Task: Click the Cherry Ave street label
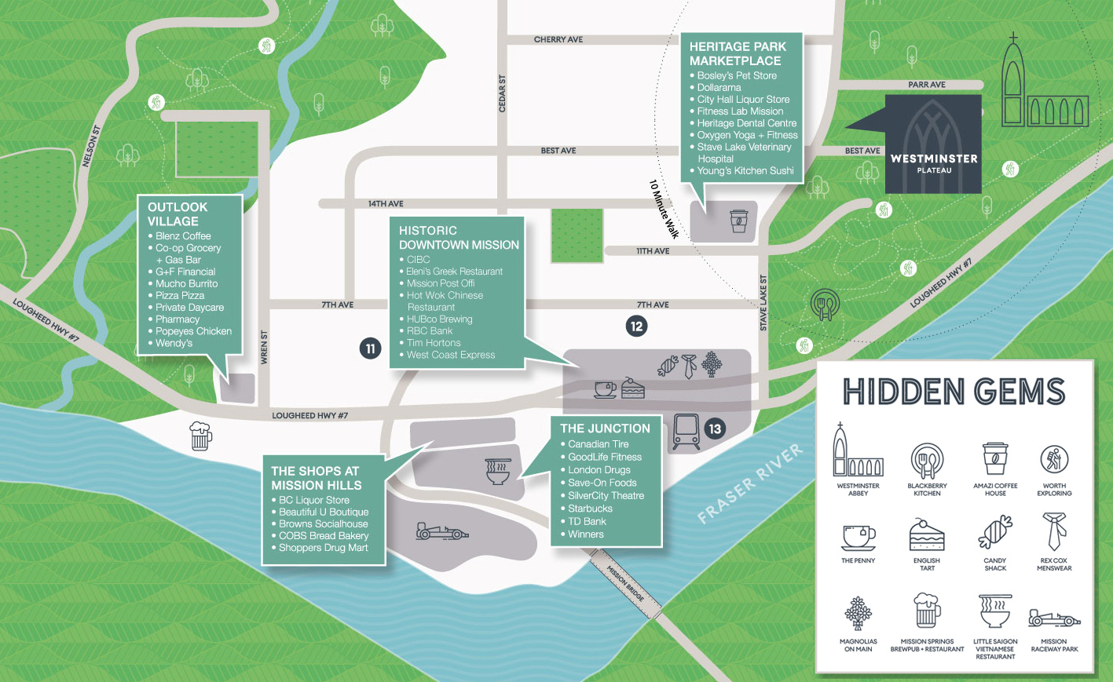click(x=558, y=39)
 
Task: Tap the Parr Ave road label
click(x=927, y=85)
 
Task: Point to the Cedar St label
click(x=502, y=94)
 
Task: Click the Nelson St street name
click(x=91, y=146)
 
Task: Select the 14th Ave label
click(x=386, y=203)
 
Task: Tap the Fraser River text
click(x=750, y=483)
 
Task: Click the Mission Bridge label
click(x=625, y=584)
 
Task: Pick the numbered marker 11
click(x=370, y=348)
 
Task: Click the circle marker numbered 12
click(x=636, y=326)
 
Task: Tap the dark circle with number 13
click(x=715, y=429)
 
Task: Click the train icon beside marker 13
click(x=686, y=432)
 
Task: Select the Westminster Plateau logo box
click(x=933, y=144)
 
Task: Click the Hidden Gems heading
click(x=954, y=392)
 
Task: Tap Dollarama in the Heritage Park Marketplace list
click(x=719, y=87)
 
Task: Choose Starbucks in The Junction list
click(x=590, y=509)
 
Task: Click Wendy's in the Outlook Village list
click(x=174, y=343)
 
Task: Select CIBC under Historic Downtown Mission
click(x=418, y=260)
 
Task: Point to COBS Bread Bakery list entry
click(x=324, y=535)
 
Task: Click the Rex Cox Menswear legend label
click(x=1054, y=564)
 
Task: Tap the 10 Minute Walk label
click(x=664, y=209)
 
